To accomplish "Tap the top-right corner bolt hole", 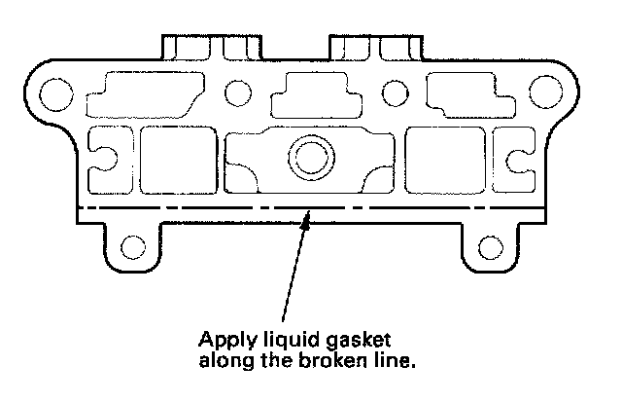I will coord(564,92).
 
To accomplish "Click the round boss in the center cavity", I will coord(311,156).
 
